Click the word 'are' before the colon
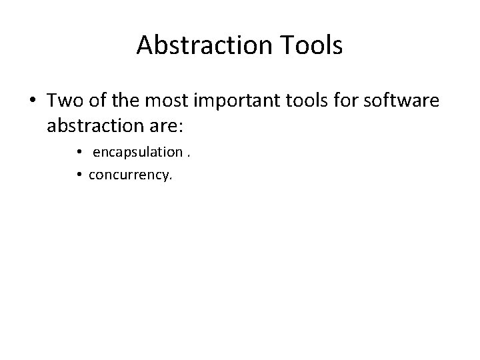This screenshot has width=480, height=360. pos(164,125)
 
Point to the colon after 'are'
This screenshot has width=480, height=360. pos(179,126)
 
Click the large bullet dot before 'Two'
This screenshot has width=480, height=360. pos(31,101)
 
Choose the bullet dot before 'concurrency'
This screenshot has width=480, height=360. pos(79,175)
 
